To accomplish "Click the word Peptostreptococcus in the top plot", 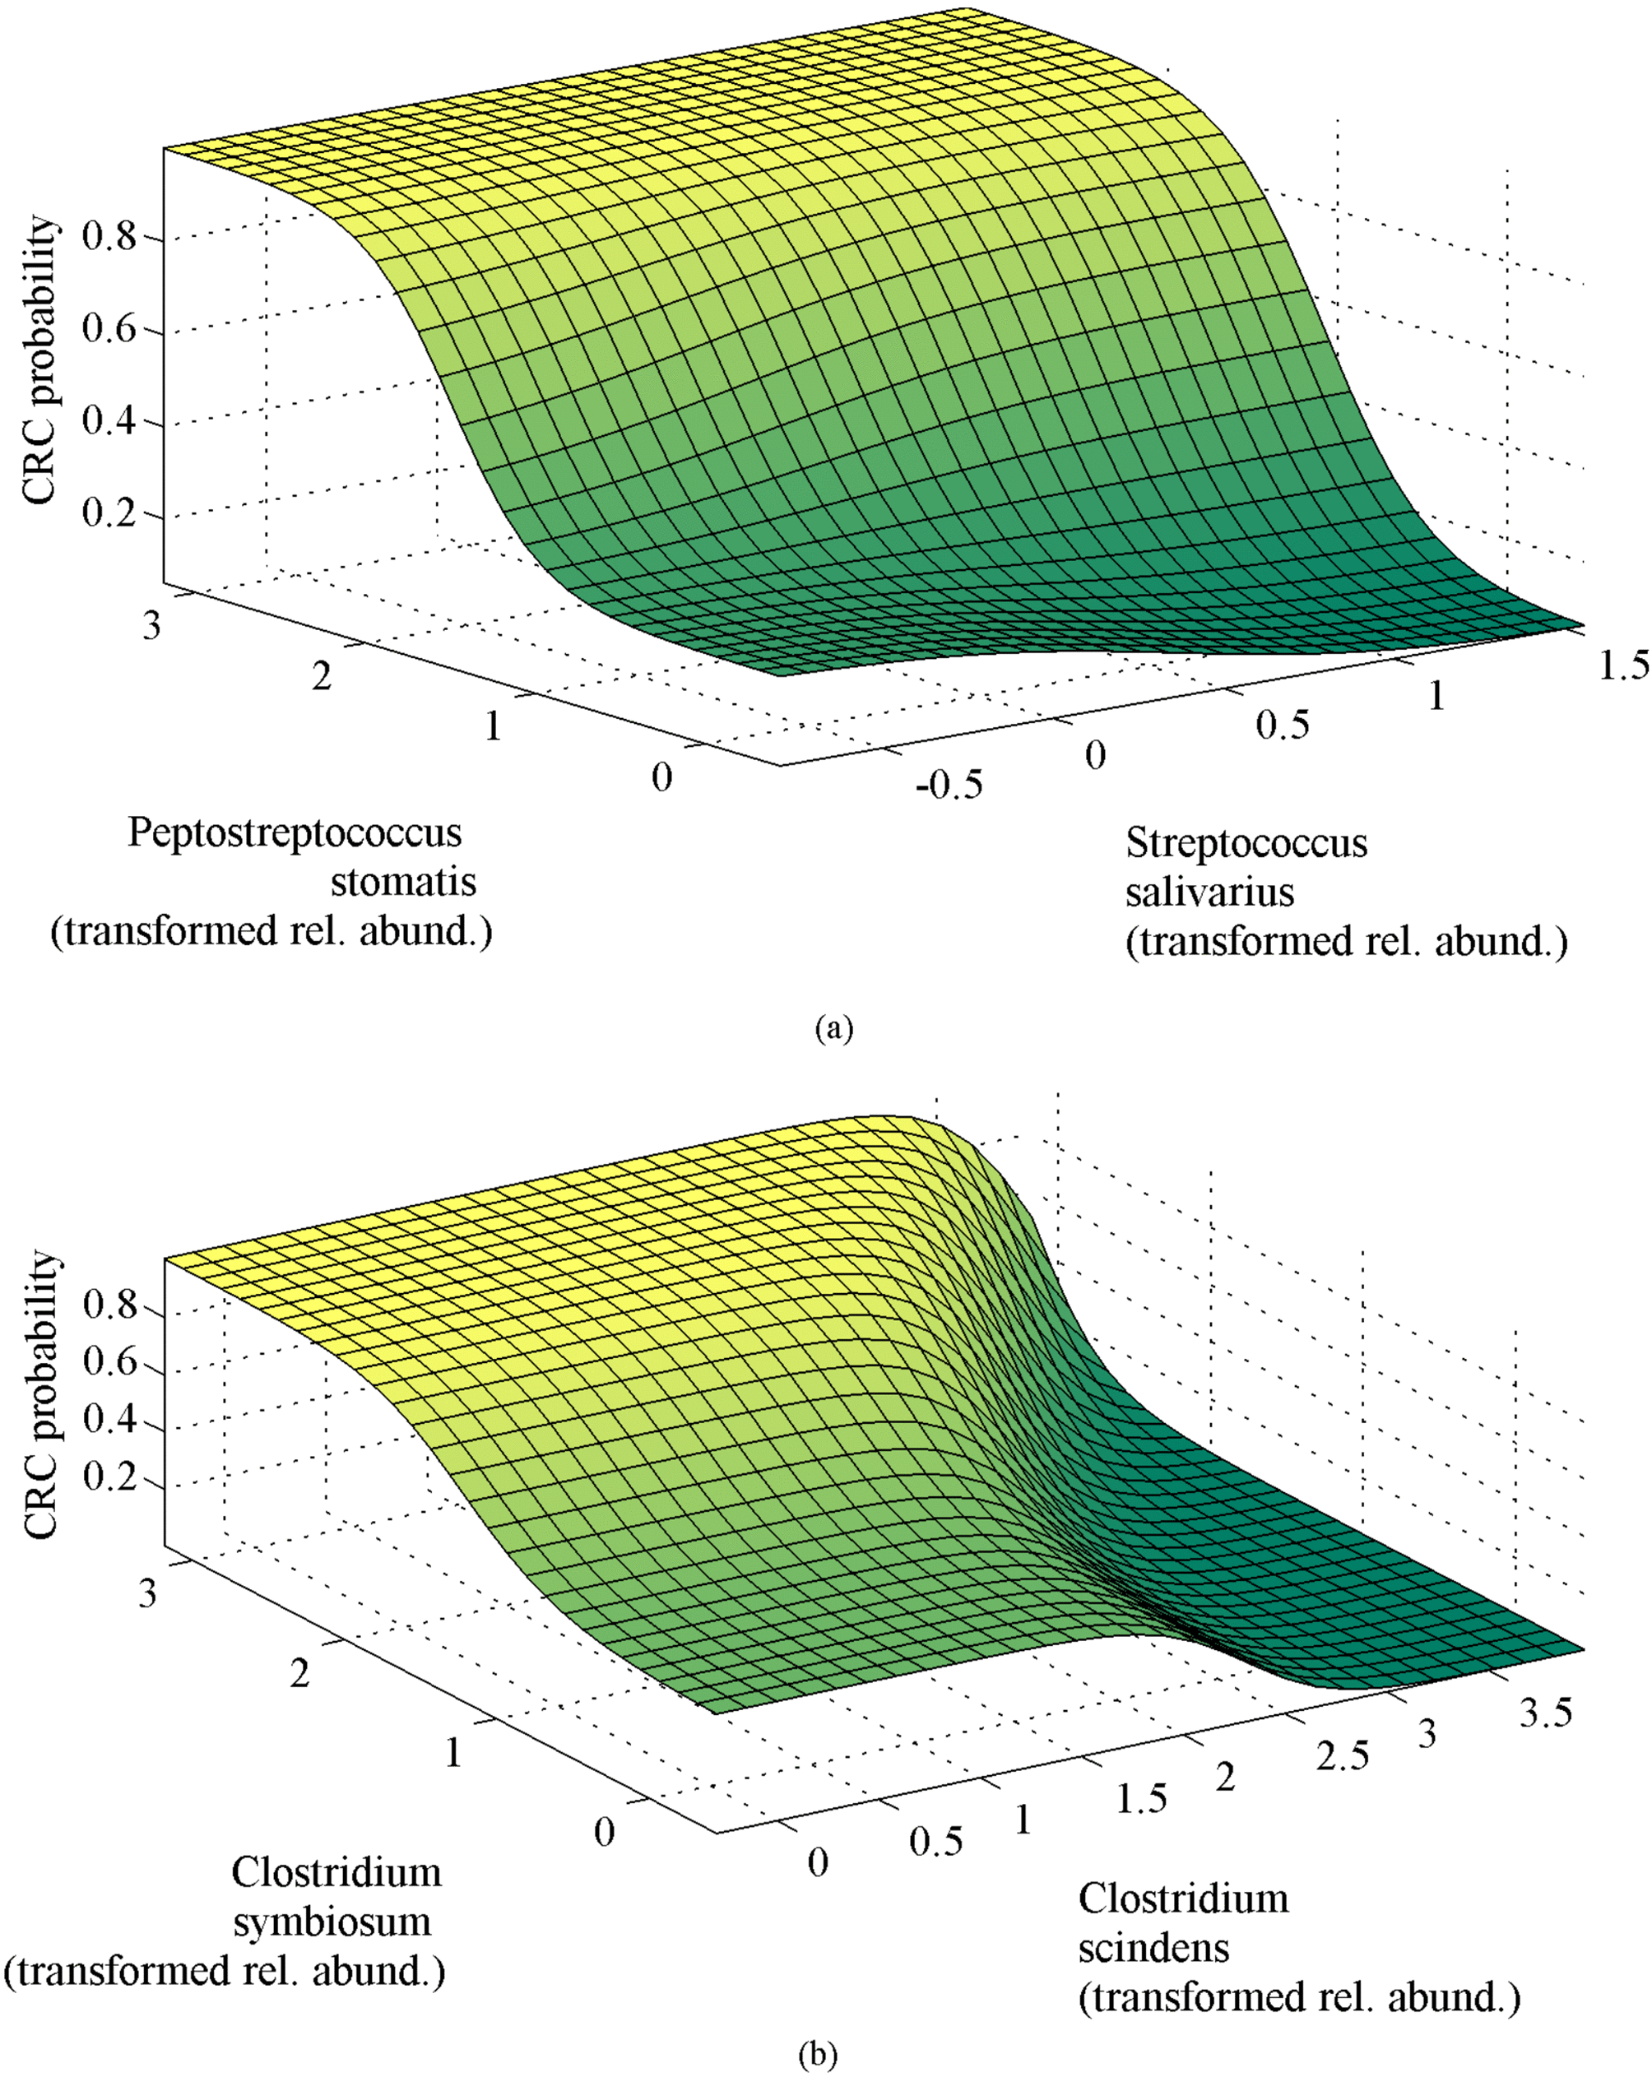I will [x=295, y=832].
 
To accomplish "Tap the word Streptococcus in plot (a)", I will [x=1246, y=843].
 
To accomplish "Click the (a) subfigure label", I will [x=833, y=1028].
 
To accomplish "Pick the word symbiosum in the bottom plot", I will [x=332, y=1922].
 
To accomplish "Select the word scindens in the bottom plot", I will [x=1153, y=1948].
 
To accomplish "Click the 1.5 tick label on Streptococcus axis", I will [x=1624, y=665].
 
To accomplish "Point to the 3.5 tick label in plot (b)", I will [x=1546, y=1713].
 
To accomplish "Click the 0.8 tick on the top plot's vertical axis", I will [x=109, y=236].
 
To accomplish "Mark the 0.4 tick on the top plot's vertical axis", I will [x=109, y=421].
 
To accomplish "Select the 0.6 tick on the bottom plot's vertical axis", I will [x=109, y=1362].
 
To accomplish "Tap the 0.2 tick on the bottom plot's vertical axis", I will [x=109, y=1476].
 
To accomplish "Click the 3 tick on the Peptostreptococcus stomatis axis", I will [x=151, y=627].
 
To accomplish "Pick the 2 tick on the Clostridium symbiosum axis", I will [x=299, y=1674].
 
